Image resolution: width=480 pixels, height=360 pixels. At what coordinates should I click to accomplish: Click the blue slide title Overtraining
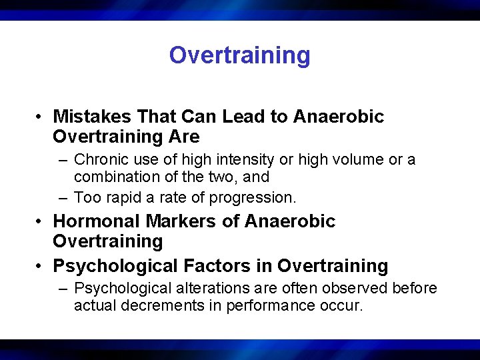239,55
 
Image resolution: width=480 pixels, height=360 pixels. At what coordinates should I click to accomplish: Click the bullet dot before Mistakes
41,117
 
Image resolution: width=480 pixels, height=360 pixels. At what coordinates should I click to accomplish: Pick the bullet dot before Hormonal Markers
41,222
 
